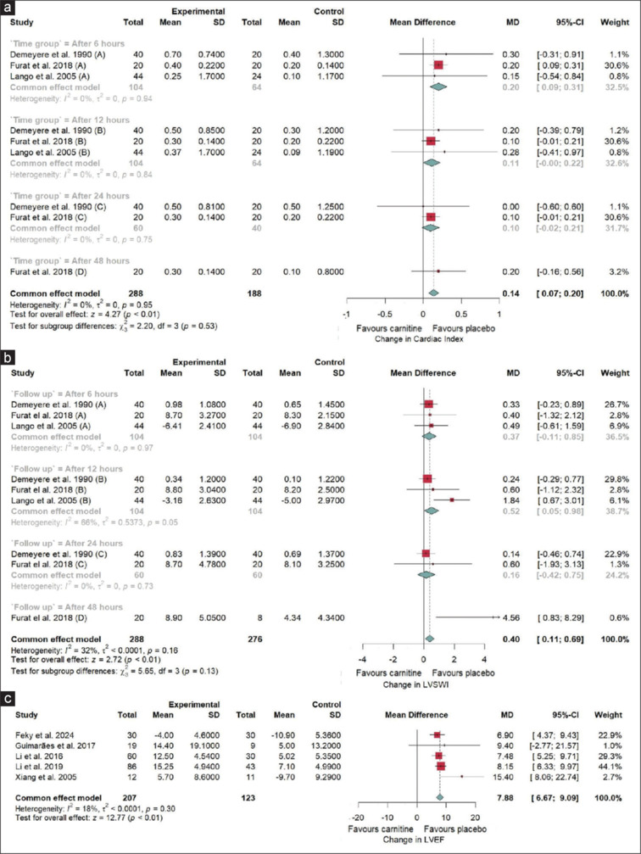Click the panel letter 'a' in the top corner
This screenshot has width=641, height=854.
point(7,8)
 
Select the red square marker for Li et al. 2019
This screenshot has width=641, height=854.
point(440,764)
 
